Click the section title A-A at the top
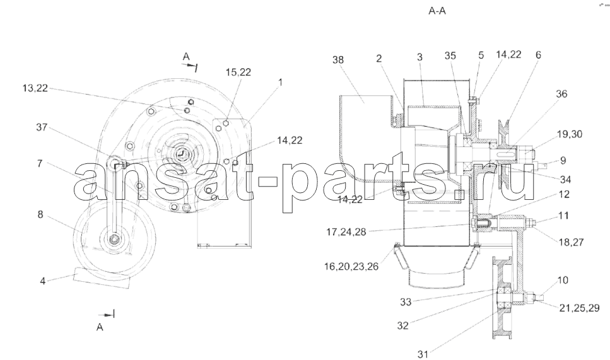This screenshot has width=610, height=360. click(x=437, y=11)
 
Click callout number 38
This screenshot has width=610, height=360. click(x=338, y=60)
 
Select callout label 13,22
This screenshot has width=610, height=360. click(x=35, y=88)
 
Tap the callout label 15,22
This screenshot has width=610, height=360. click(x=238, y=72)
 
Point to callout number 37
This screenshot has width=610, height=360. click(x=42, y=127)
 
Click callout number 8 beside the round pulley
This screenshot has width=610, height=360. click(x=40, y=214)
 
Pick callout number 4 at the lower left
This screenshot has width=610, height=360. click(x=43, y=281)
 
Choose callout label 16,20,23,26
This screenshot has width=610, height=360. click(x=351, y=267)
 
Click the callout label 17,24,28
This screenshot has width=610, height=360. click(x=346, y=232)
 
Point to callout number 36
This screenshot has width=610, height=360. click(x=561, y=94)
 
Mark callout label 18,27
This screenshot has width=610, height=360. click(x=571, y=242)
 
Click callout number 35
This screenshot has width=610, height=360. click(x=450, y=55)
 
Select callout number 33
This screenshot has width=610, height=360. click(x=406, y=302)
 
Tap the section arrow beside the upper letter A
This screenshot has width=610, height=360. click(x=192, y=67)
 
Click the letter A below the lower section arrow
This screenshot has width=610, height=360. click(x=100, y=327)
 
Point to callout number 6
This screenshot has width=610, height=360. click(x=538, y=55)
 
